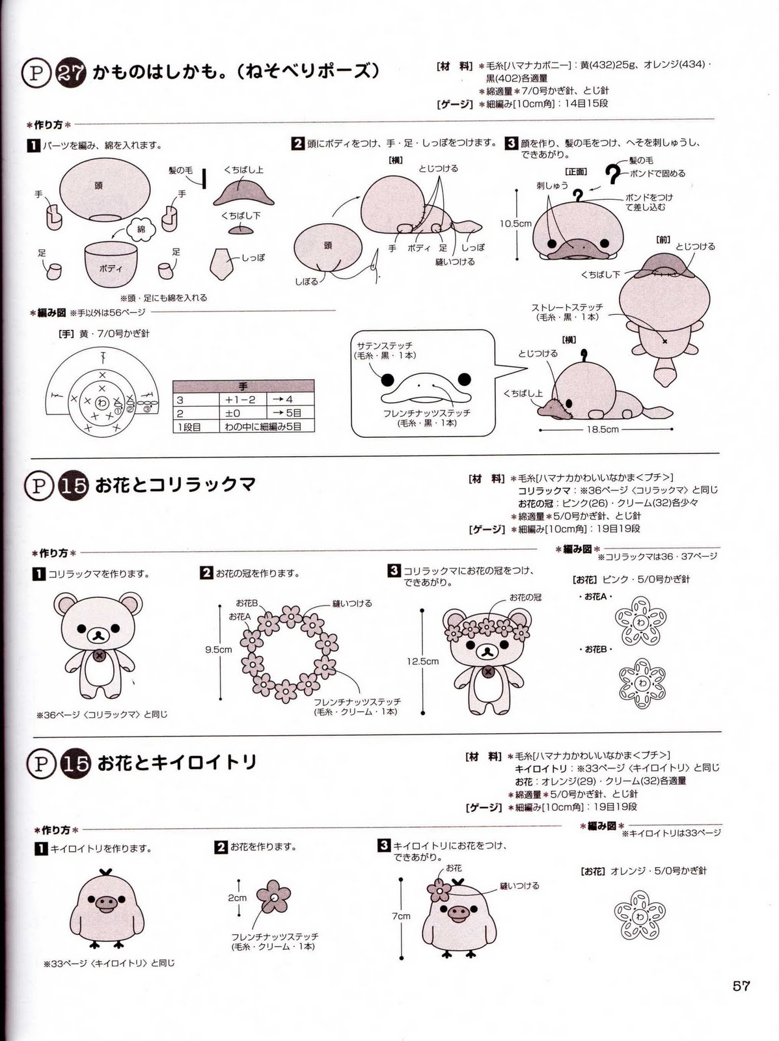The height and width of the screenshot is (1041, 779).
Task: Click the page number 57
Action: pyautogui.click(x=741, y=986)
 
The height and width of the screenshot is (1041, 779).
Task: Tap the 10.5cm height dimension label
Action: pyautogui.click(x=515, y=223)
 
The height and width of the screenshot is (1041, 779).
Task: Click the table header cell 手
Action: pyautogui.click(x=243, y=386)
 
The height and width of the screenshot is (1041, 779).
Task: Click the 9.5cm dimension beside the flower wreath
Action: pyautogui.click(x=218, y=649)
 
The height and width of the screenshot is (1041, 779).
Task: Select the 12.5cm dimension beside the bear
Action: pyautogui.click(x=422, y=661)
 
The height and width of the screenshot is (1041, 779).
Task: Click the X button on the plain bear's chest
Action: pyautogui.click(x=99, y=656)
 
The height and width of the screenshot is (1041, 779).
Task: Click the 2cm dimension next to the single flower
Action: pyautogui.click(x=237, y=898)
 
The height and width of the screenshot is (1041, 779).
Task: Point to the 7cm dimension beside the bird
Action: pyautogui.click(x=401, y=915)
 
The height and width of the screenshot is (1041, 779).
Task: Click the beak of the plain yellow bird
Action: pyautogui.click(x=105, y=903)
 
